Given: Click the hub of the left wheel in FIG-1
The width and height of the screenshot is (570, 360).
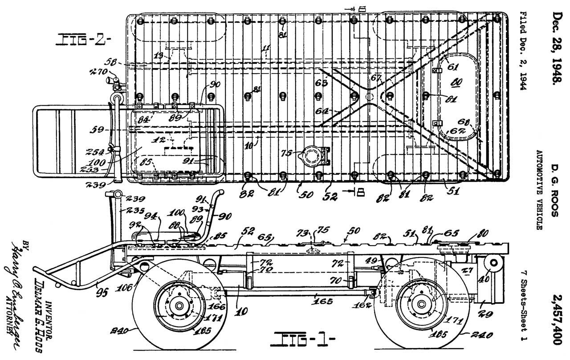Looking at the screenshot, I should (179, 306).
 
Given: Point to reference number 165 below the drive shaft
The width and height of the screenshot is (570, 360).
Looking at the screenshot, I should (322, 301).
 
